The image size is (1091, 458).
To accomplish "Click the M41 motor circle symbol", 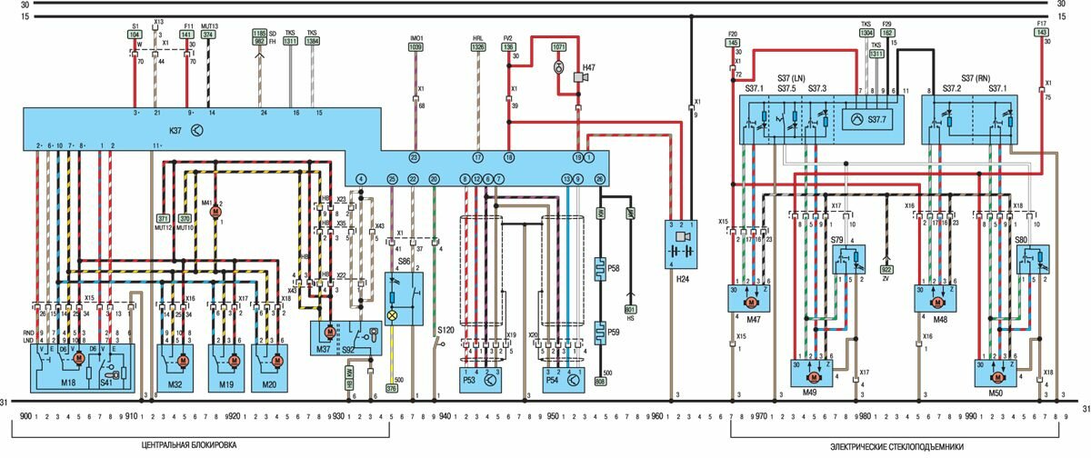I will click(x=216, y=211).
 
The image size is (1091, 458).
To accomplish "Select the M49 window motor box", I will click(x=813, y=373).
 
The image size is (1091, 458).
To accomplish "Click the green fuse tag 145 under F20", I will click(x=733, y=42).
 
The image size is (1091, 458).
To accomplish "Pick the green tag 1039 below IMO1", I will click(x=416, y=46).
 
